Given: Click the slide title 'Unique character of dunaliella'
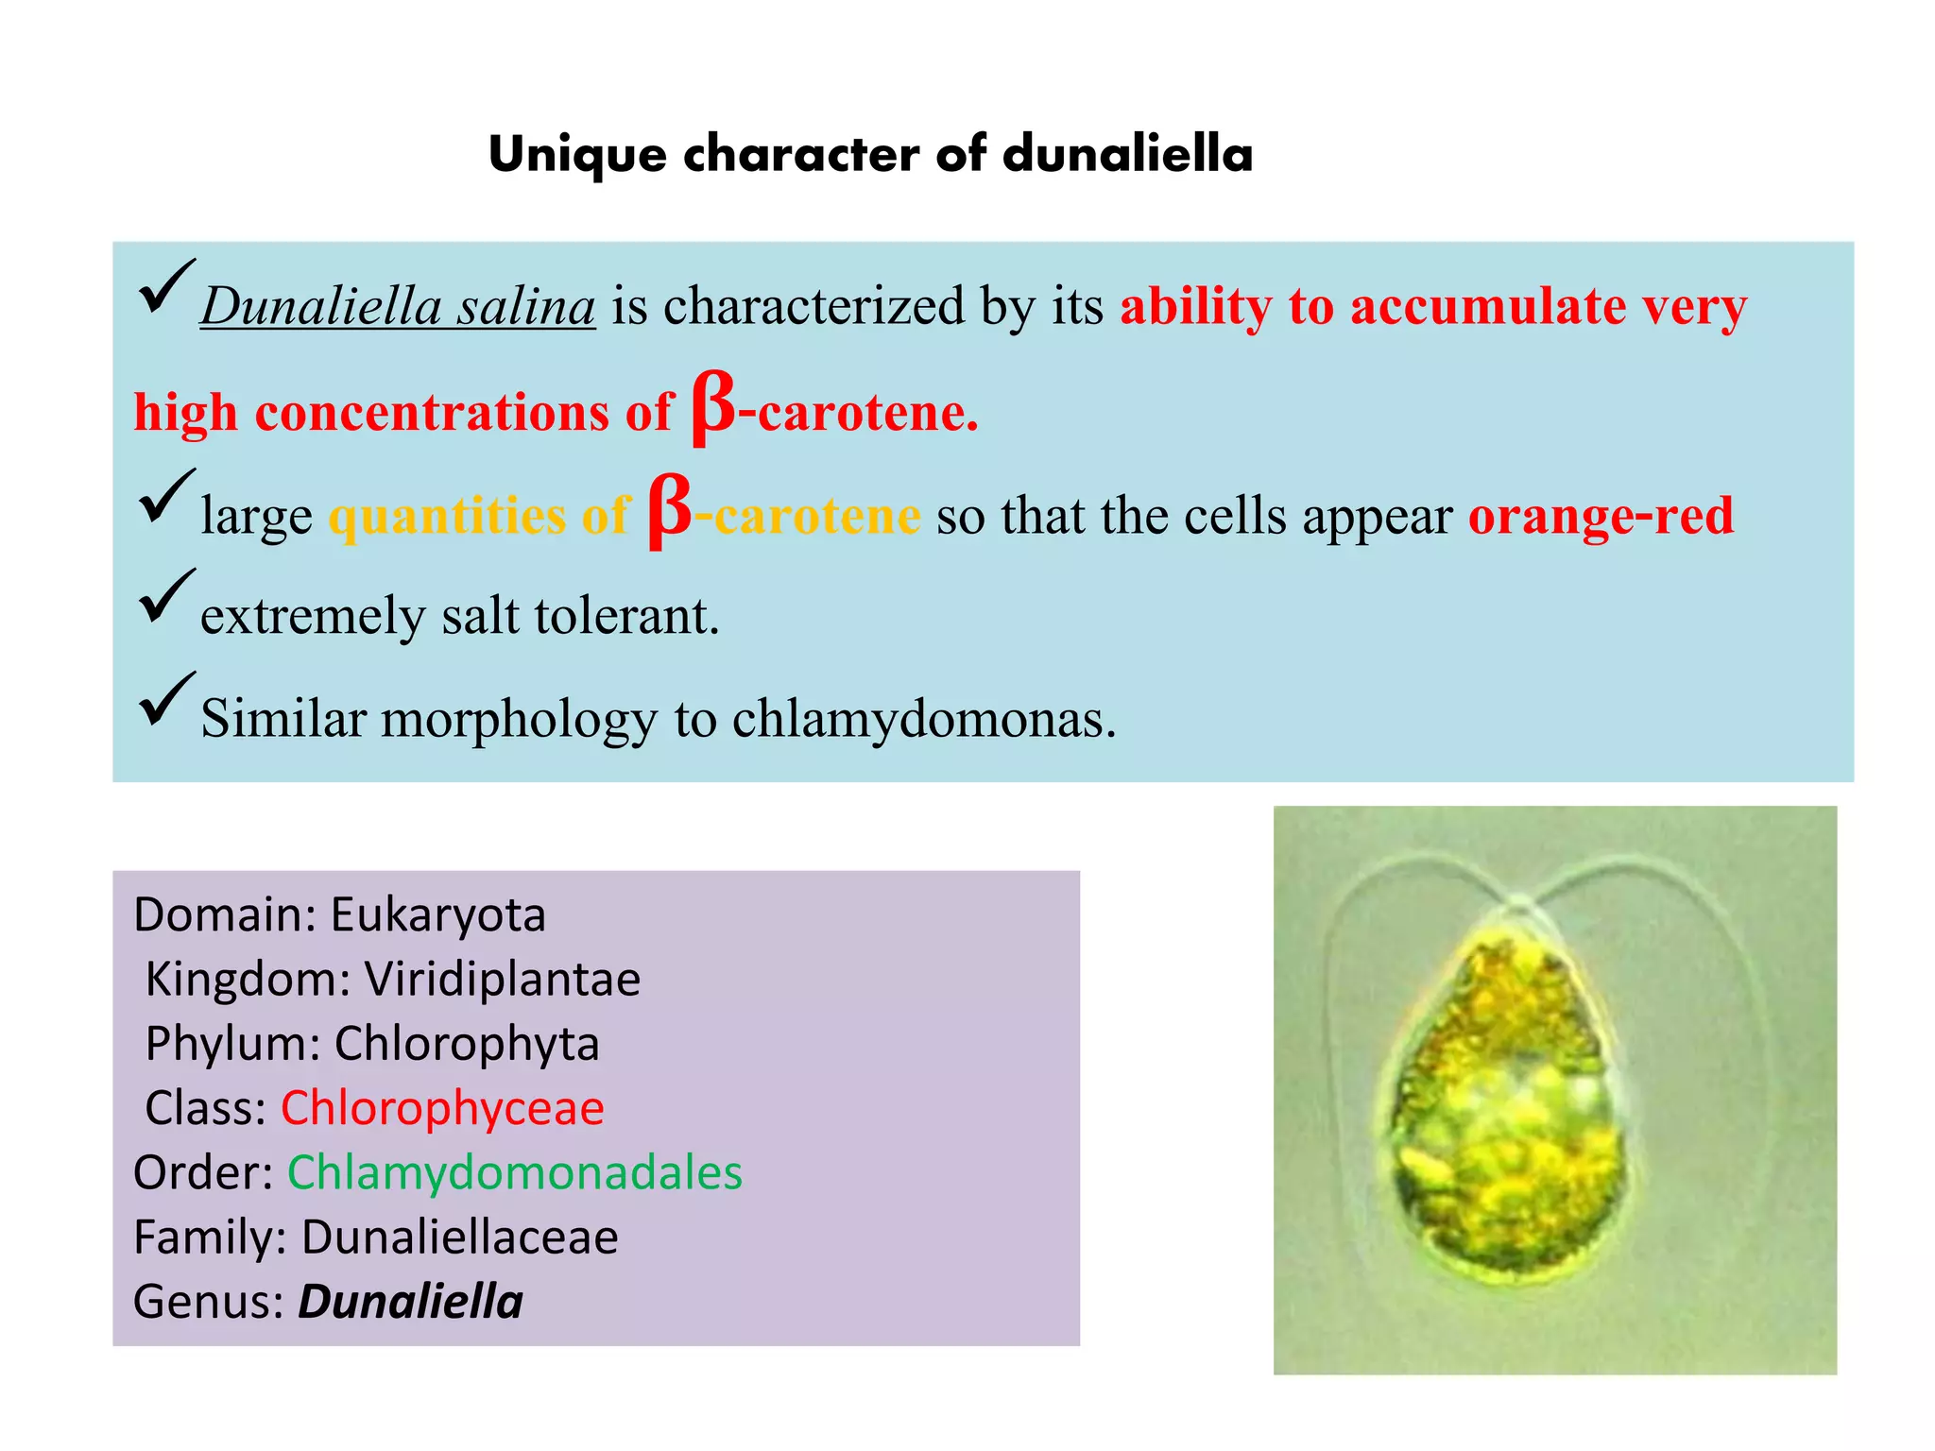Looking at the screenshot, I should click(870, 154).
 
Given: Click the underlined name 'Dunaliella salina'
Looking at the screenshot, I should click(398, 307).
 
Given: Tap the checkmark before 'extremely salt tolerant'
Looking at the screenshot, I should click(166, 597).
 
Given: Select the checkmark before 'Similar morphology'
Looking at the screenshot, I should click(166, 700).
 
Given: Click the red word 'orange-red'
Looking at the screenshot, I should click(1601, 516).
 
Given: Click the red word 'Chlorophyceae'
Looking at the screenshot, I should click(442, 1108).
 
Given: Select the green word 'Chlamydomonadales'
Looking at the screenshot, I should click(515, 1172).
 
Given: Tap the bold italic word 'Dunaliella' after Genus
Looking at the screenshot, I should click(411, 1302).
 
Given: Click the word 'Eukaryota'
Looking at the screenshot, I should click(438, 914).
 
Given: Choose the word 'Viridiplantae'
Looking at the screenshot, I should click(503, 980).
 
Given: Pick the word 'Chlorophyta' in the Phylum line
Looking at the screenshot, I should click(467, 1044).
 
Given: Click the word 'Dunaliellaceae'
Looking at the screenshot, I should click(460, 1238).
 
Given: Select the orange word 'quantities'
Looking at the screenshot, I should click(447, 517).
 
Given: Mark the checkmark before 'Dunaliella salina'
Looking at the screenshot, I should click(166, 288).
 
